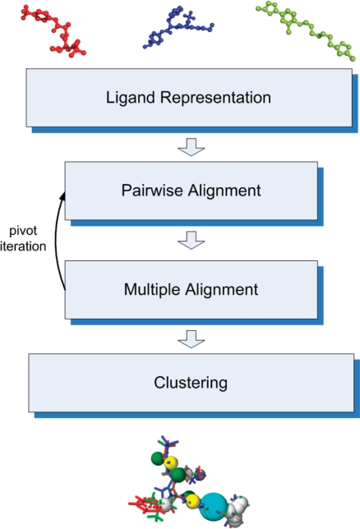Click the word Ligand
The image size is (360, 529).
131,98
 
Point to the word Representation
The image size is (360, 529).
215,98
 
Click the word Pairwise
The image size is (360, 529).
152,191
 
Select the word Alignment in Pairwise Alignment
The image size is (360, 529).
224,191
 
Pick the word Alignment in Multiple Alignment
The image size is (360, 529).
221,290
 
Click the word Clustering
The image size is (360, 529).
191,384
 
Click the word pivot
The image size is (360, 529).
23,231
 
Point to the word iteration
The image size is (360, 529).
23,246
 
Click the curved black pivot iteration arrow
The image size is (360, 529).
56,240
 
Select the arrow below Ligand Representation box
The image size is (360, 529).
192,147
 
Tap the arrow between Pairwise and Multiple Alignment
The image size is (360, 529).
192,240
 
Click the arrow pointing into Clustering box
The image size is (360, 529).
192,339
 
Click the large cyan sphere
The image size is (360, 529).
214,507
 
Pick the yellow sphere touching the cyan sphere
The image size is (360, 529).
193,501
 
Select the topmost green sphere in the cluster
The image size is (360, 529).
157,458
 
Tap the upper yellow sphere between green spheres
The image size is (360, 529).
170,462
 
